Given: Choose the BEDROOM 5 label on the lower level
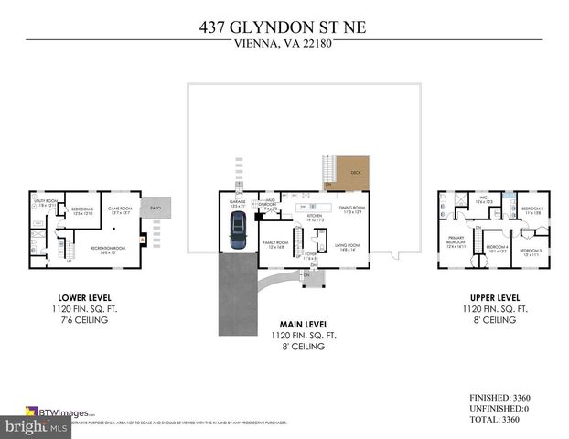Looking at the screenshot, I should (x=83, y=210).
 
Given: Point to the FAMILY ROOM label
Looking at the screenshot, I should (x=274, y=244).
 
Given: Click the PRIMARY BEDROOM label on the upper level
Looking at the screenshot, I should (x=456, y=242).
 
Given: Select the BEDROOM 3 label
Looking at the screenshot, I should (x=531, y=252).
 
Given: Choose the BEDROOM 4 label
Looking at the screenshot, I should (x=497, y=247).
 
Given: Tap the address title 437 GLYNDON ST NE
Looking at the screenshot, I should (x=284, y=27).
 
